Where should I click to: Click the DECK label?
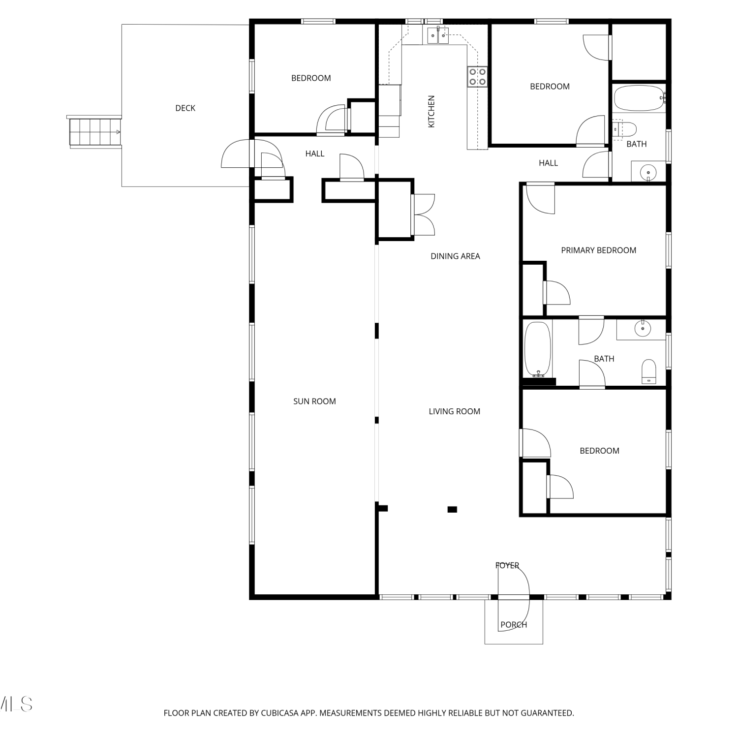pyautogui.click(x=185, y=108)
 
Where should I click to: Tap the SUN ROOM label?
pyautogui.click(x=314, y=401)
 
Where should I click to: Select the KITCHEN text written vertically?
pyautogui.click(x=431, y=112)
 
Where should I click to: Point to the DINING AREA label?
pyautogui.click(x=455, y=256)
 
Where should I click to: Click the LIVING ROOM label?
pyautogui.click(x=454, y=412)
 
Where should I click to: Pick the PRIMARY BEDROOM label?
pyautogui.click(x=599, y=250)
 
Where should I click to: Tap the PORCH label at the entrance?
pyautogui.click(x=514, y=625)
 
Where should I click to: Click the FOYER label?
pyautogui.click(x=507, y=566)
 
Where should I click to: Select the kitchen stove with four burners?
pyautogui.click(x=477, y=77)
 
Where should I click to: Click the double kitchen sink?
pyautogui.click(x=438, y=35)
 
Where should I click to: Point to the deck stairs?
pyautogui.click(x=94, y=132)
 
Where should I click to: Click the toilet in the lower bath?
pyautogui.click(x=649, y=371)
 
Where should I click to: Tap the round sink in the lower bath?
pyautogui.click(x=642, y=328)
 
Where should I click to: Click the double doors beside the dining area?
pyautogui.click(x=423, y=215)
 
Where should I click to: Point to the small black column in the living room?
pyautogui.click(x=452, y=510)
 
